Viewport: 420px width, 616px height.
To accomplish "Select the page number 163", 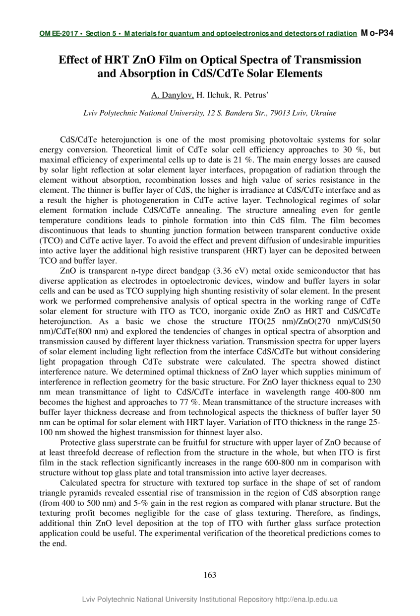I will pyautogui.click(x=210, y=575).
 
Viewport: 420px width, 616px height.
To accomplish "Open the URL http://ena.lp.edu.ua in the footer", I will pyautogui.click(x=306, y=600).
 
